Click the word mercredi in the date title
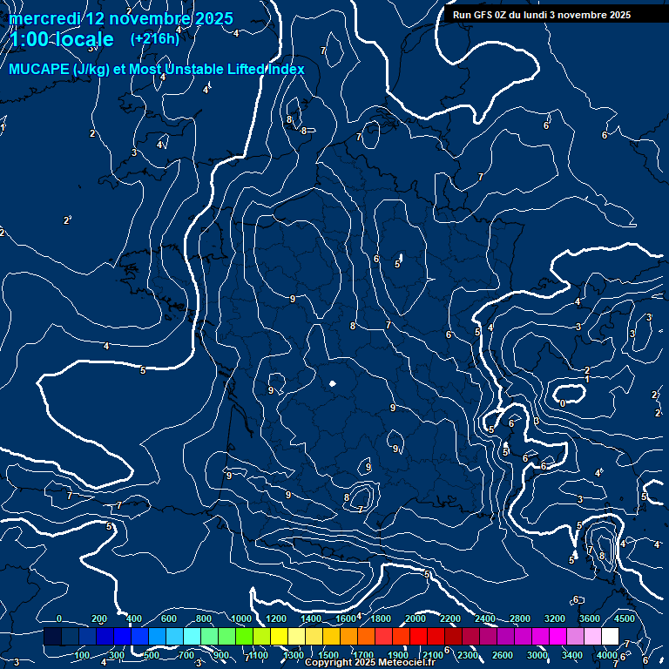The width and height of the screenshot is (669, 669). pos(44,18)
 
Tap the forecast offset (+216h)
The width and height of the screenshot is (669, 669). pos(155,39)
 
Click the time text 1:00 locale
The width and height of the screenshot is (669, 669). pos(62,40)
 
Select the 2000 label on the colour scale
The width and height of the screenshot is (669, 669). pos(416,618)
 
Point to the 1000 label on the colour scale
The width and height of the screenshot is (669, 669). pos(240,618)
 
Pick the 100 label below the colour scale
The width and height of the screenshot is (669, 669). pos(82,655)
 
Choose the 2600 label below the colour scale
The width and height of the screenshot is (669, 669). pos(503,655)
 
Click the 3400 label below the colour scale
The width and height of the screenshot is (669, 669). pos(573,655)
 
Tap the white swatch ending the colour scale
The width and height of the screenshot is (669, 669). pos(610,637)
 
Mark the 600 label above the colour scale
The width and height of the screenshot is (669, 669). pos(169,618)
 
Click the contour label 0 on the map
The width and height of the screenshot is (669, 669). pos(563,403)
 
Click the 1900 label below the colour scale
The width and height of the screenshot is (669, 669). pos(398,655)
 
